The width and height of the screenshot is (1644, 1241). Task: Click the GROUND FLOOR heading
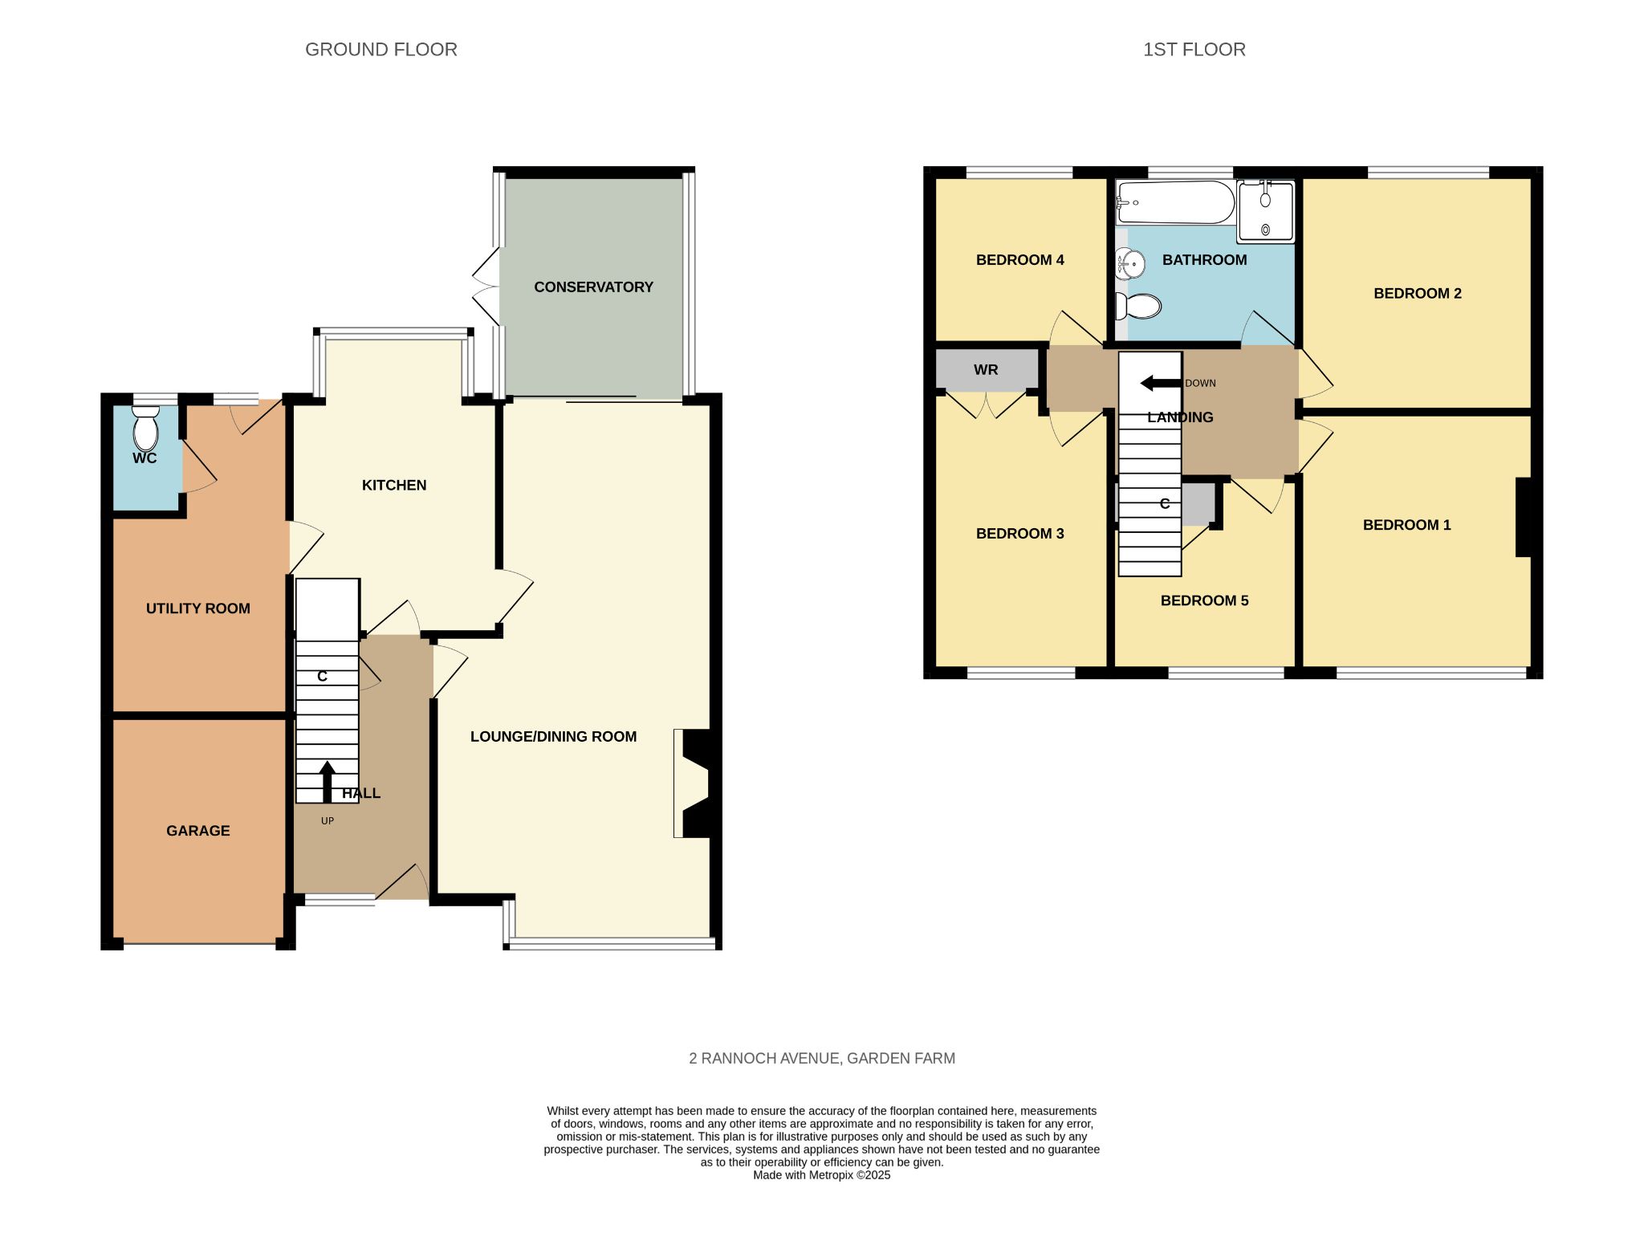coord(381,50)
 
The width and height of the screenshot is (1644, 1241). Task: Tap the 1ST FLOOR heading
coord(1194,50)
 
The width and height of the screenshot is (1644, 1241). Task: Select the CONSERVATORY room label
coord(593,287)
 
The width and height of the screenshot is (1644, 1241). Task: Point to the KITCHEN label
coord(394,485)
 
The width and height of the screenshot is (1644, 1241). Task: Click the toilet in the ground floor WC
coord(145,428)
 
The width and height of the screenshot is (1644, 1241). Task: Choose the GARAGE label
coord(198,831)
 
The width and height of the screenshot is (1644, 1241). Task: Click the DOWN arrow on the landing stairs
coord(1161,383)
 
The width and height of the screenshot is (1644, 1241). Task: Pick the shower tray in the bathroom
coord(1266,211)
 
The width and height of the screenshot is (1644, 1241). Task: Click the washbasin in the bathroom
coord(1130,263)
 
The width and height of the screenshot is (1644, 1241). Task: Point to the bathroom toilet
coord(1138,306)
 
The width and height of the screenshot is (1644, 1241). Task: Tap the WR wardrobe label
coord(986,370)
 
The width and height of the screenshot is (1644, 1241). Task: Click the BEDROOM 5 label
coord(1204,600)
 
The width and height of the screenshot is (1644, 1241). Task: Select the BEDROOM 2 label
coord(1418,294)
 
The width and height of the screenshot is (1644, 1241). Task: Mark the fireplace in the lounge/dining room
coord(692,783)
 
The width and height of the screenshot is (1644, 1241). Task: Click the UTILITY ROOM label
coord(198,608)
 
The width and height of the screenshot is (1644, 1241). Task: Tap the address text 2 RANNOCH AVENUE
coord(763,1059)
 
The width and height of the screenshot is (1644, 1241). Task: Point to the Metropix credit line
coord(822,1175)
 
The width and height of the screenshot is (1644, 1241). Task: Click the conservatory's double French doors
coord(486,287)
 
